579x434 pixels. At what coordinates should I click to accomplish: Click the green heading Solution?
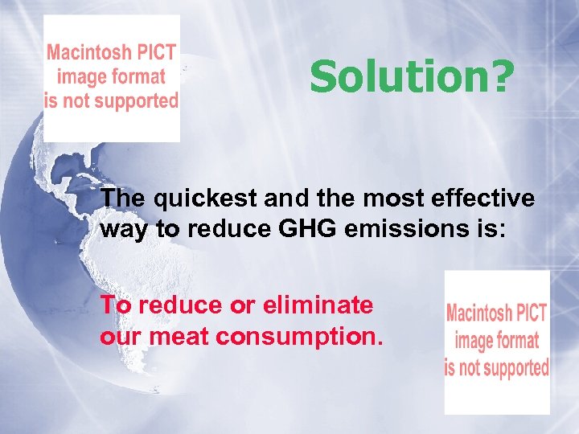(x=409, y=77)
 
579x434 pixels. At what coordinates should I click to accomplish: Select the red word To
(x=115, y=305)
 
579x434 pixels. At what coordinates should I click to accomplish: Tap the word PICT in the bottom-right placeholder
(x=531, y=313)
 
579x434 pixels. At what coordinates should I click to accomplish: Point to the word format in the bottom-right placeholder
(x=518, y=340)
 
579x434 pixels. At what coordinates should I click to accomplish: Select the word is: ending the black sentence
(x=491, y=229)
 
